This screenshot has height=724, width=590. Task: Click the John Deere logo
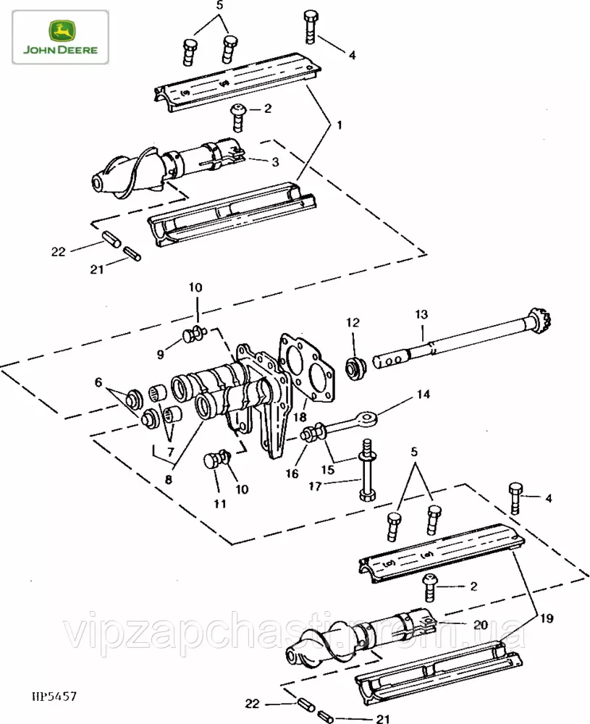pyautogui.click(x=60, y=37)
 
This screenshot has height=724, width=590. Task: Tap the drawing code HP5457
pyautogui.click(x=54, y=696)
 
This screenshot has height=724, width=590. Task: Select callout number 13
pyautogui.click(x=421, y=314)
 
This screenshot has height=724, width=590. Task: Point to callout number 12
pyautogui.click(x=353, y=322)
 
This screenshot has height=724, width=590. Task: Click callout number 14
pyautogui.click(x=423, y=395)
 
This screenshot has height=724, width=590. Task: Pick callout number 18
pyautogui.click(x=300, y=417)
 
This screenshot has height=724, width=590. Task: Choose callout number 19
pyautogui.click(x=547, y=618)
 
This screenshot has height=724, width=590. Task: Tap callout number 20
pyautogui.click(x=481, y=625)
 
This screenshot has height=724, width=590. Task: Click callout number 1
pyautogui.click(x=340, y=125)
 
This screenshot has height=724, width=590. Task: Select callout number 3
pyautogui.click(x=275, y=162)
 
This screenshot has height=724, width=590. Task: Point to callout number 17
pyautogui.click(x=315, y=487)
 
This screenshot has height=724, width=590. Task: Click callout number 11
pyautogui.click(x=220, y=504)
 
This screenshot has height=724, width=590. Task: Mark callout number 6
pyautogui.click(x=98, y=382)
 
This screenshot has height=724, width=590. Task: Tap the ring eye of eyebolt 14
pyautogui.click(x=369, y=418)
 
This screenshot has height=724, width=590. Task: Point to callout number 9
pyautogui.click(x=161, y=354)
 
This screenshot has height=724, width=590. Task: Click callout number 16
pyautogui.click(x=292, y=473)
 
